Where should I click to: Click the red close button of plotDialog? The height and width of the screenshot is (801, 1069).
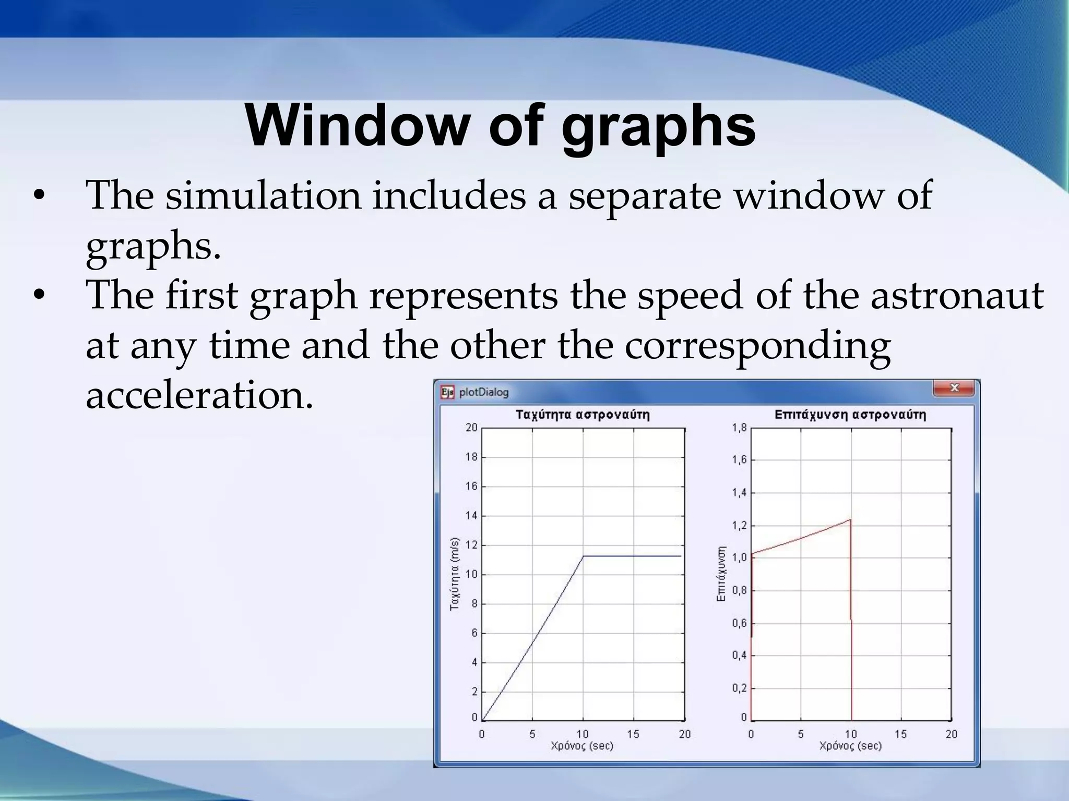point(954,388)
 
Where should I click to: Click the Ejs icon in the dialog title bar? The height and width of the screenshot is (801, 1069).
point(447,392)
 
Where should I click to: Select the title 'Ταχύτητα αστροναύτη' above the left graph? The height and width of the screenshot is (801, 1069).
point(583,415)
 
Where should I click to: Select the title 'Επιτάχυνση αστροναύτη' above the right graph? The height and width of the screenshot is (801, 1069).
point(850,415)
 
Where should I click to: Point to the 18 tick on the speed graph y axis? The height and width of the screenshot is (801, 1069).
point(471,457)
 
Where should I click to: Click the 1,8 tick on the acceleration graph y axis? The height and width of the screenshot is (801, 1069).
point(739,428)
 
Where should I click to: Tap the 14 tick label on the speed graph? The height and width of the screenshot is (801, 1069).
point(471,516)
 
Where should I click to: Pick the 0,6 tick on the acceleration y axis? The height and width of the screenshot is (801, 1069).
point(739,623)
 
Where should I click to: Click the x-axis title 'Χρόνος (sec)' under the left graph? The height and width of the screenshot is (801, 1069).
point(582,746)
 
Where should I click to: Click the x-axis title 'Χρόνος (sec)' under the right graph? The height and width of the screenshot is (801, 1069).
point(850,746)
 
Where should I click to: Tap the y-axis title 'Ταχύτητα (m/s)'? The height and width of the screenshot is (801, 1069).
point(455,574)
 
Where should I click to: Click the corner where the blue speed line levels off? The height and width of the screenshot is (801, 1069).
point(584,556)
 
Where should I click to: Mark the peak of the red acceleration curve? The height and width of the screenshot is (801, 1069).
point(850,519)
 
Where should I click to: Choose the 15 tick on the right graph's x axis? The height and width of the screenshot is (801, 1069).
point(901,734)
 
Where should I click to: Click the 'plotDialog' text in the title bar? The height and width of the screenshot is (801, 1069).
point(483,392)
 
